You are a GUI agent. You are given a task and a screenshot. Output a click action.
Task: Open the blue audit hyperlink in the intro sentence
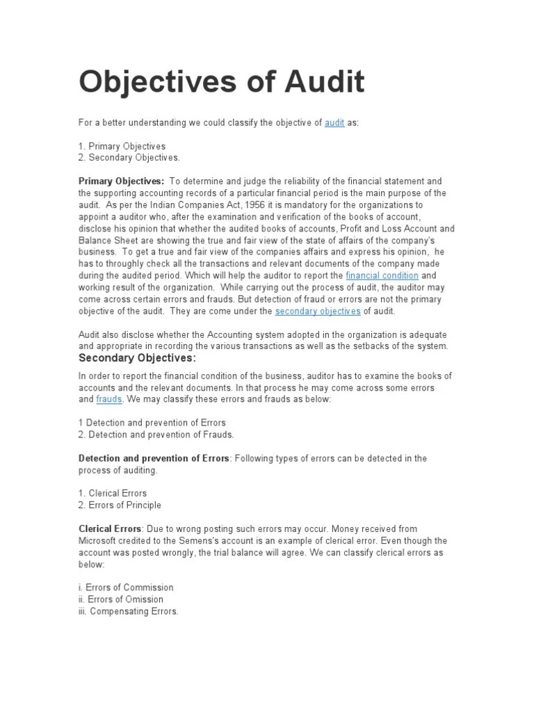(334, 123)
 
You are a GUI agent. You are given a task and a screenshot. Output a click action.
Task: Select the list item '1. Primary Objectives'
(122, 146)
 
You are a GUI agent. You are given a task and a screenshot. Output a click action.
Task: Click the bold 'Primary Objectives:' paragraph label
(121, 181)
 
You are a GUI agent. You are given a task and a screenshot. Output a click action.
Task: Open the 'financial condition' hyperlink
(382, 276)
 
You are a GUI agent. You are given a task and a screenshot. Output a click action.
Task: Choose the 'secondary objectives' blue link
(318, 311)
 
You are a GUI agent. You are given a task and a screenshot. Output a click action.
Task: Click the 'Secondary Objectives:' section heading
(137, 358)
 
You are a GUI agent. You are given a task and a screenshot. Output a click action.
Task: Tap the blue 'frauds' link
(109, 400)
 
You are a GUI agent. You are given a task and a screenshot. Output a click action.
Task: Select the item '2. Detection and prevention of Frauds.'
(156, 435)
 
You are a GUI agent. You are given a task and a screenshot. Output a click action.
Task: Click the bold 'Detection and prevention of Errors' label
(154, 458)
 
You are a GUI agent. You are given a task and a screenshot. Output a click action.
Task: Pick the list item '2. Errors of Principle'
(120, 505)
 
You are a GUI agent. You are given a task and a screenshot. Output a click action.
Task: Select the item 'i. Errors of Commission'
(126, 588)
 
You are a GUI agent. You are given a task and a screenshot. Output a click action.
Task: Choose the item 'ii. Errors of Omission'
(121, 599)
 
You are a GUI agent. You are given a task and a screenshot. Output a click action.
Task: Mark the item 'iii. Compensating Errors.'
(128, 611)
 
